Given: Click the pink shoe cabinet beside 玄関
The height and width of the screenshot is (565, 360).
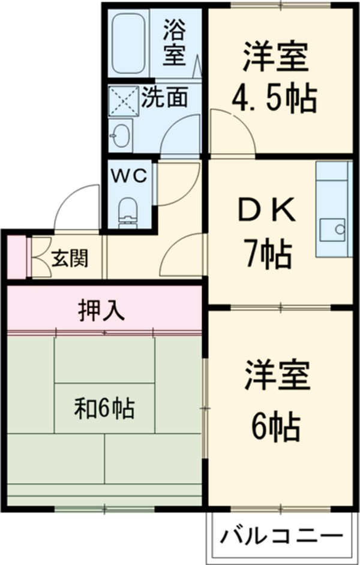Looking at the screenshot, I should (x=17, y=258).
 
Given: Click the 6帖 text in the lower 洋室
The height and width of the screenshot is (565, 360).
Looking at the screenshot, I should (x=276, y=426).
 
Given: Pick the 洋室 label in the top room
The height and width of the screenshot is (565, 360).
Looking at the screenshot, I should (x=276, y=57).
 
